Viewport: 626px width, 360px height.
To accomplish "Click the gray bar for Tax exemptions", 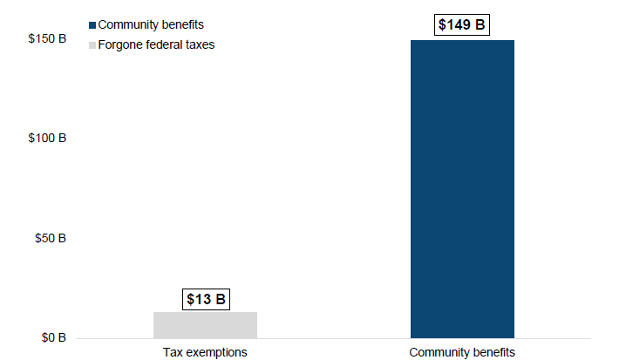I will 205,324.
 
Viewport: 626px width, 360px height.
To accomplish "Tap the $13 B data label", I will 205,300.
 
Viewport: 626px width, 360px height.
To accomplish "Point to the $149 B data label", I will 462,24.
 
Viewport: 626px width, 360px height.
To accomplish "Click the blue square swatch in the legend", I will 93,24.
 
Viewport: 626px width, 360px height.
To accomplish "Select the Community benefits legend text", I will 151,24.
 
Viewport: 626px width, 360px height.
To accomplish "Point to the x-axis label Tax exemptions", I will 205,352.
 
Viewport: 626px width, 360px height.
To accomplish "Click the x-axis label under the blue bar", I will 462,352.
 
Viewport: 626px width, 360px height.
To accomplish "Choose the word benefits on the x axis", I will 493,352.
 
